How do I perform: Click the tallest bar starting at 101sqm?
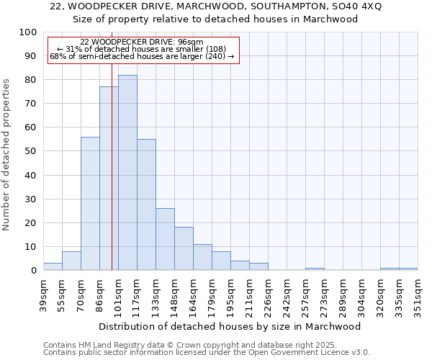[127, 173]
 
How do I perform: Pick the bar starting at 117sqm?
[146, 204]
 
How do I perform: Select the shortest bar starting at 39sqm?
[53, 266]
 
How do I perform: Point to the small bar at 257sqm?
[315, 269]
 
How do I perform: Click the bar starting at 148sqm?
[184, 248]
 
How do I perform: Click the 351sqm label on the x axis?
[418, 294]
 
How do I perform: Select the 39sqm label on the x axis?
[43, 294]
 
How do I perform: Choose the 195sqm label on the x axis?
[230, 294]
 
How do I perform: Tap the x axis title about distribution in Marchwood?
[230, 326]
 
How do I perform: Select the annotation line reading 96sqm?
[142, 42]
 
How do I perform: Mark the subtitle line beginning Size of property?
[215, 19]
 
